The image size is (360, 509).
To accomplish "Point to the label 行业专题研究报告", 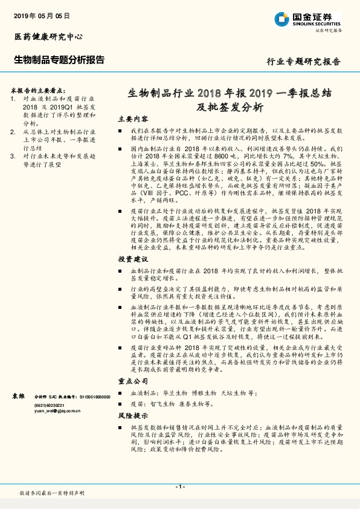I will point(303,62).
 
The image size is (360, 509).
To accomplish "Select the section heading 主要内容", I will point(132,119).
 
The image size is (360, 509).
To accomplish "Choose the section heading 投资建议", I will point(132,259).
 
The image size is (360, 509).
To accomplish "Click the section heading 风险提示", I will point(132,416).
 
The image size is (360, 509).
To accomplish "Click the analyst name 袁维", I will point(19,395).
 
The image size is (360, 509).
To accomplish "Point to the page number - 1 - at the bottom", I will point(179,487).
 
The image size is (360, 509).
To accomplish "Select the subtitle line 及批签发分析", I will point(230,108).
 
